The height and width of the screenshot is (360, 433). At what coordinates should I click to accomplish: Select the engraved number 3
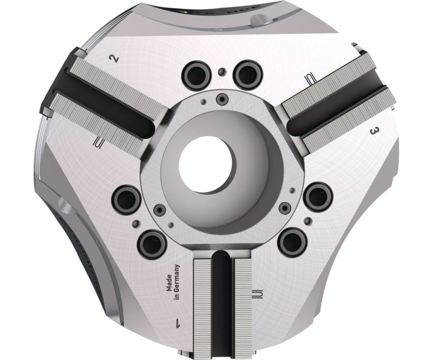coord(373,131)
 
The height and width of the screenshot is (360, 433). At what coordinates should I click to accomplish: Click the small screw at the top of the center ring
coord(222,97)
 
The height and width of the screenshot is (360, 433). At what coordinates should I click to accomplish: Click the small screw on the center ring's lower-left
coord(158,210)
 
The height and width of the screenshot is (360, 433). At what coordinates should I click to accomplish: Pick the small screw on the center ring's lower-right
coord(286,208)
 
